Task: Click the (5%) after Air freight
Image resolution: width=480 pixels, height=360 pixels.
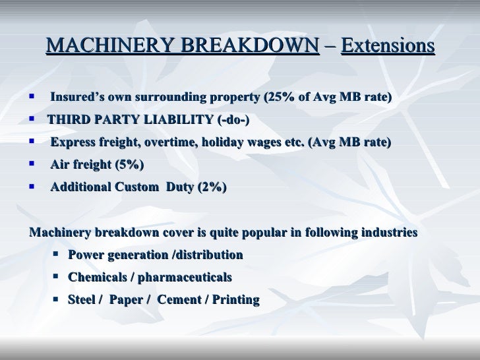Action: (129, 165)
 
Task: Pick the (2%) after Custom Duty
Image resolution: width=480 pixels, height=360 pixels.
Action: (212, 187)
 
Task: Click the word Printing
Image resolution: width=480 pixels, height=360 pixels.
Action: (235, 300)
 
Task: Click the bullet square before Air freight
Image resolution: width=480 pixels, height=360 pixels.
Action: (32, 164)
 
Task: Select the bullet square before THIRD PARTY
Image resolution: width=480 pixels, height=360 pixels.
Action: (32, 120)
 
